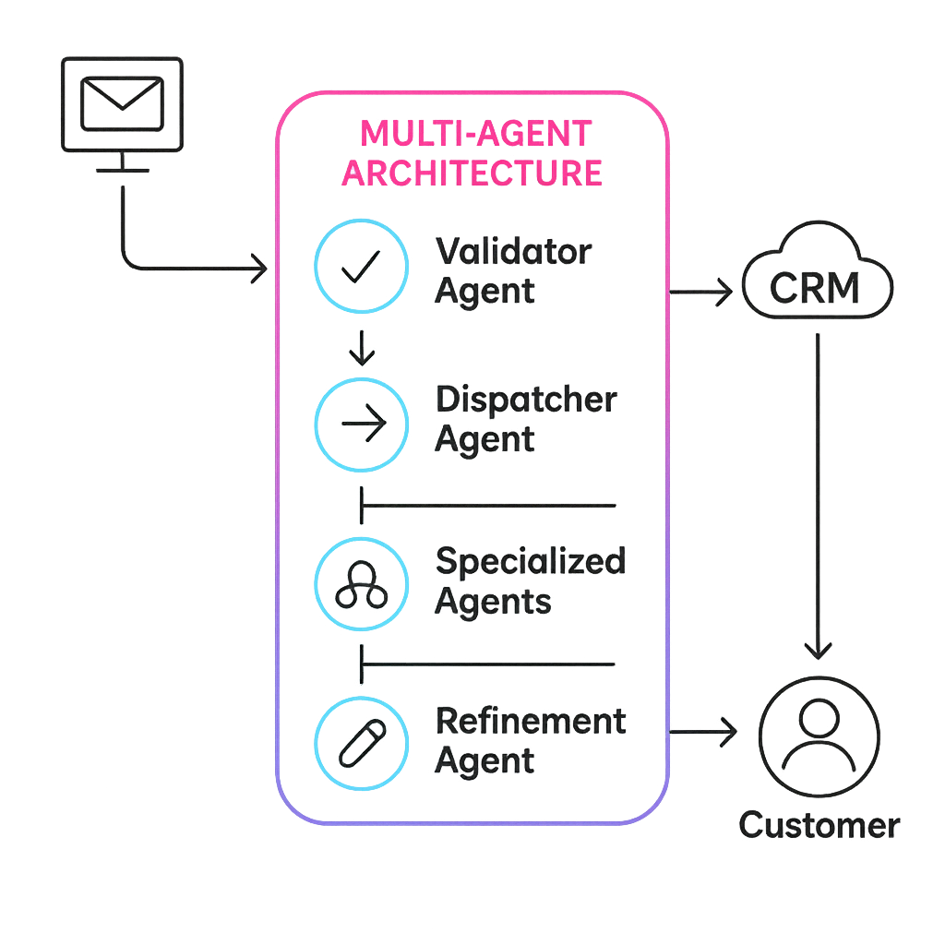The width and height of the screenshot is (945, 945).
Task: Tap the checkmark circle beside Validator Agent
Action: click(x=360, y=265)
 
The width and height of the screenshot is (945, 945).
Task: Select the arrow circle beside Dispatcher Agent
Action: click(x=360, y=423)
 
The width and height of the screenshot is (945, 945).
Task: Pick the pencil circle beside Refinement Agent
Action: click(x=360, y=742)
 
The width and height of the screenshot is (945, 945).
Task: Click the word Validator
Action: click(x=513, y=250)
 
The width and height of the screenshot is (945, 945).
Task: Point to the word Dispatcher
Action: click(x=526, y=400)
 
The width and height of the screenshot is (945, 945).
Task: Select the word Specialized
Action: click(x=530, y=562)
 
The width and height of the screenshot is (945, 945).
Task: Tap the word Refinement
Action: click(x=531, y=720)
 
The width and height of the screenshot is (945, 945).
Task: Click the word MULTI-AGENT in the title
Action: click(x=474, y=134)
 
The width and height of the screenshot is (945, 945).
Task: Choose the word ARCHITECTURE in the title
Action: click(x=472, y=173)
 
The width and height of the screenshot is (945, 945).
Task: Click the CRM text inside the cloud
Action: click(x=815, y=289)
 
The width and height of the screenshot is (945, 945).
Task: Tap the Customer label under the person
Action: click(x=819, y=824)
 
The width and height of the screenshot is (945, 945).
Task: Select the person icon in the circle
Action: click(x=819, y=735)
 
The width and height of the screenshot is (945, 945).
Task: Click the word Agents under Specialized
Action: click(x=493, y=602)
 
